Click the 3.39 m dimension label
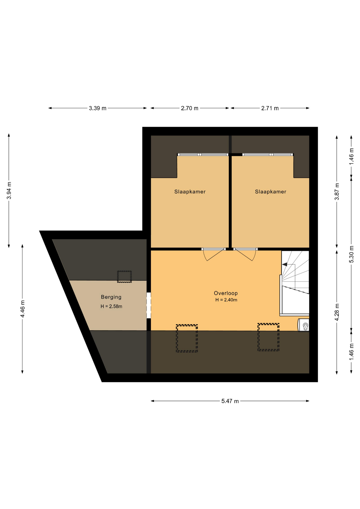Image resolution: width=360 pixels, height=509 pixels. point(98,108)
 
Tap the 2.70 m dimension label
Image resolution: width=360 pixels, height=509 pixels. point(190,108)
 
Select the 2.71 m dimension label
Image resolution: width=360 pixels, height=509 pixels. point(270,108)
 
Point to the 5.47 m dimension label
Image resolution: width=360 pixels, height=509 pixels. point(230,401)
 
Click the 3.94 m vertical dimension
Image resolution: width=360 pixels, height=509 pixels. point(9,191)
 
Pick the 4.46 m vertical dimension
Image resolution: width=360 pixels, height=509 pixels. point(23,309)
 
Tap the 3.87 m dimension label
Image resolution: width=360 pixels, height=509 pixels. point(337,191)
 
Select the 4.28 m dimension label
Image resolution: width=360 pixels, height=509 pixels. point(337,312)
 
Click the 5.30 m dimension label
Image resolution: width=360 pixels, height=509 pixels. point(351,254)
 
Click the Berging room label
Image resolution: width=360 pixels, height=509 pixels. point(111,297)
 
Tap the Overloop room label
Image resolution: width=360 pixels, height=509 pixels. point(226,293)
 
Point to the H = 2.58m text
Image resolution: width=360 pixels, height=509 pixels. point(111,306)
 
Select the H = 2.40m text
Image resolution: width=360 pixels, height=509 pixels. point(226,300)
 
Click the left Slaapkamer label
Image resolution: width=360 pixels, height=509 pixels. point(190,192)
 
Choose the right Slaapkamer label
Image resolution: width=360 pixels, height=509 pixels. point(271,192)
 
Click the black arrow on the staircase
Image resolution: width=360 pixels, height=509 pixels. point(284,264)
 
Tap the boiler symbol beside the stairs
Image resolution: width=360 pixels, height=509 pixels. point(304,325)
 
